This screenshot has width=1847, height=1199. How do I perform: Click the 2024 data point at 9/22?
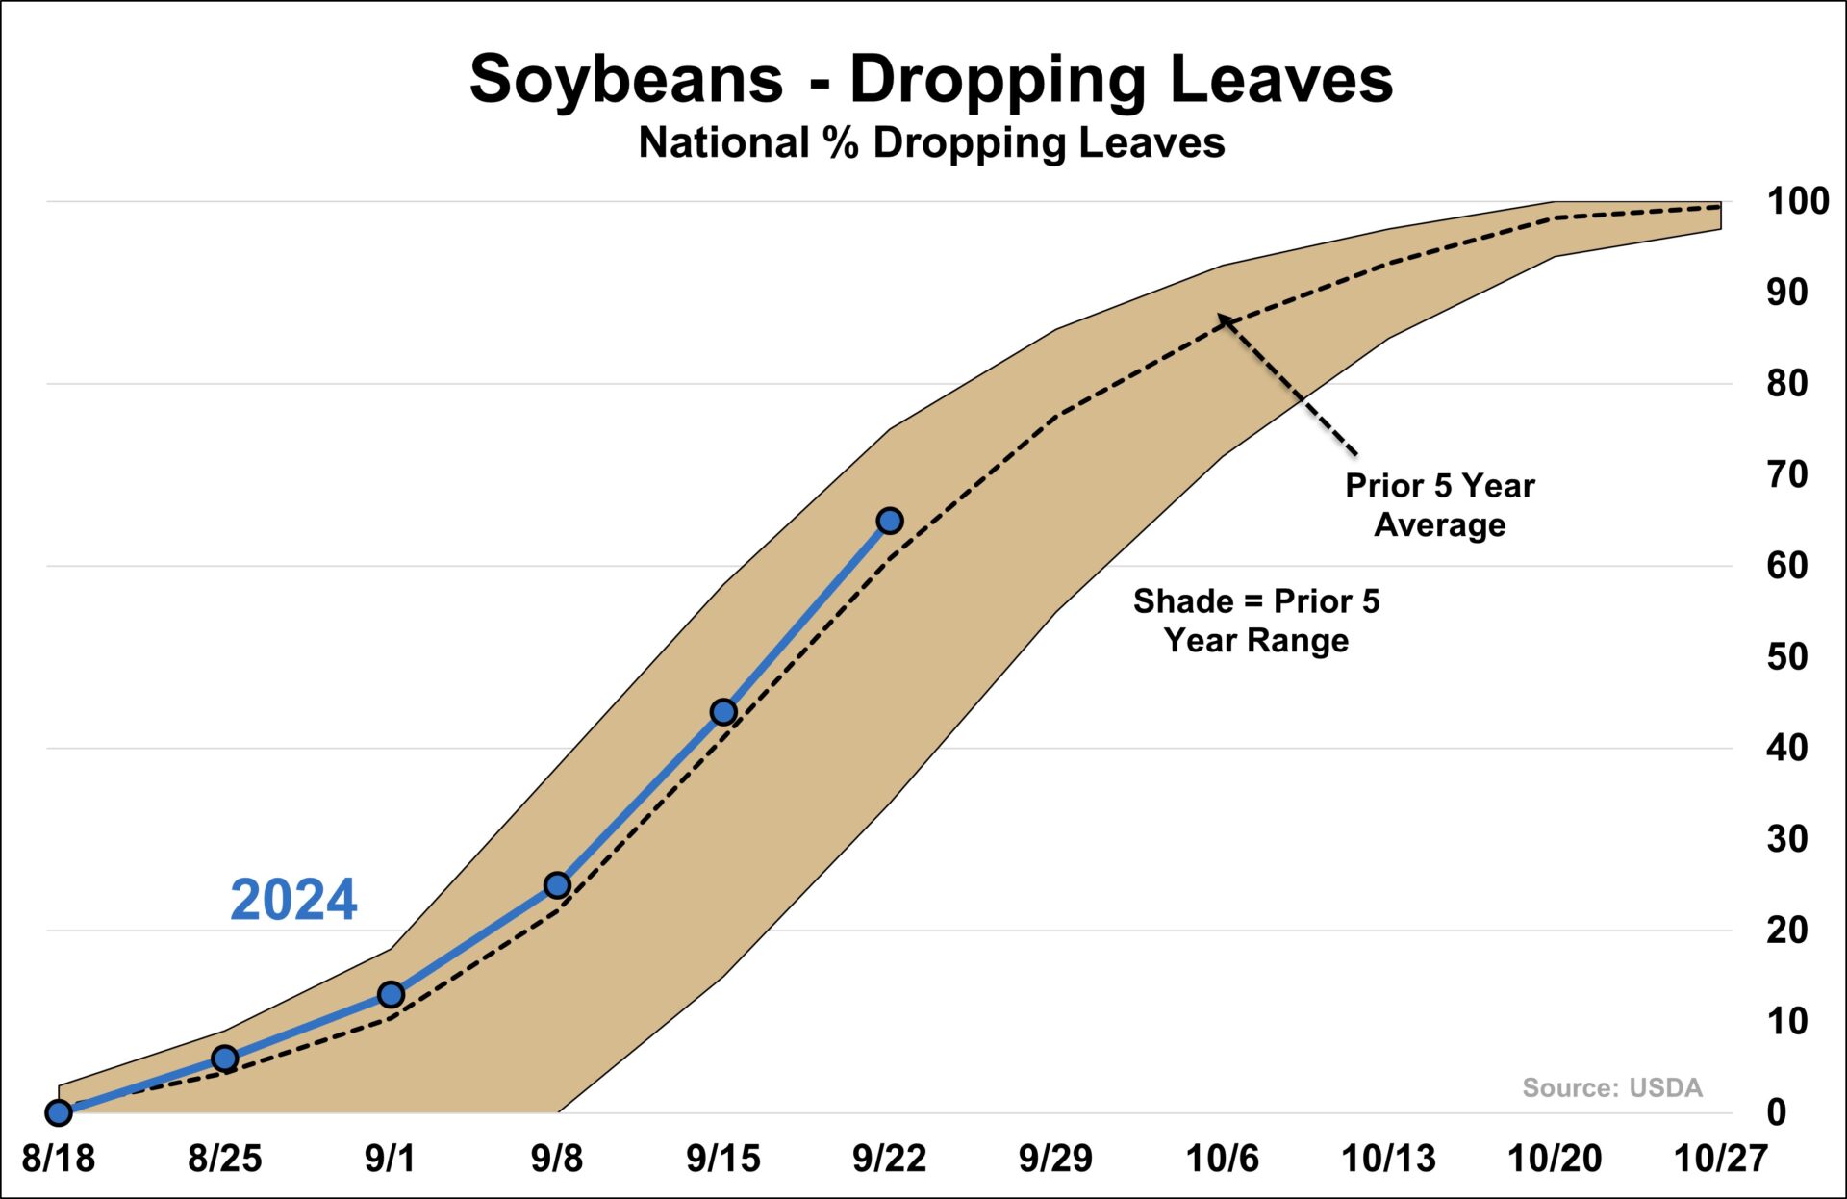(890, 521)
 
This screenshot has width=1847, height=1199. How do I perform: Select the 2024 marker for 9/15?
(723, 712)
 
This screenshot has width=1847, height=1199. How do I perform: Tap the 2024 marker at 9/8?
(557, 885)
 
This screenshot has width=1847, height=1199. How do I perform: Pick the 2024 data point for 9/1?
(391, 994)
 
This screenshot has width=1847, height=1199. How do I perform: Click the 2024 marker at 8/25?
(224, 1059)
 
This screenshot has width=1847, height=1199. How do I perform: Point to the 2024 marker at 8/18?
(59, 1112)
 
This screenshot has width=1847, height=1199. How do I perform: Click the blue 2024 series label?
(293, 901)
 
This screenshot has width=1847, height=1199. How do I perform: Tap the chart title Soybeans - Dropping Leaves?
(930, 79)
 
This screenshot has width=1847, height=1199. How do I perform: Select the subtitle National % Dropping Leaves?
(931, 143)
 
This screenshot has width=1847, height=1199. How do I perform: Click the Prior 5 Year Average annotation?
(1439, 505)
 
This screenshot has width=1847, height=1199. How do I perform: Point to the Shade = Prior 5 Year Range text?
(1255, 621)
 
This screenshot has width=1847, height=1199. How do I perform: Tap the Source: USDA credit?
(1611, 1087)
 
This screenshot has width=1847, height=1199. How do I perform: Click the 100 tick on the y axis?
(1797, 201)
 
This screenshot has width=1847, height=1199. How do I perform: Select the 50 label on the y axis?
(1787, 656)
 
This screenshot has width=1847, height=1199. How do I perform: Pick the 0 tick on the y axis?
(1777, 1112)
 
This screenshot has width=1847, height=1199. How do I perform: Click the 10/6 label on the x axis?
(1222, 1159)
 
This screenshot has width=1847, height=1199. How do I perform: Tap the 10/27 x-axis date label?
(1721, 1159)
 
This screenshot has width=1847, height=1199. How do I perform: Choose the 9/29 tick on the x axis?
(1055, 1159)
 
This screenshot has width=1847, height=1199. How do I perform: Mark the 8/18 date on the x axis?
(59, 1159)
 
